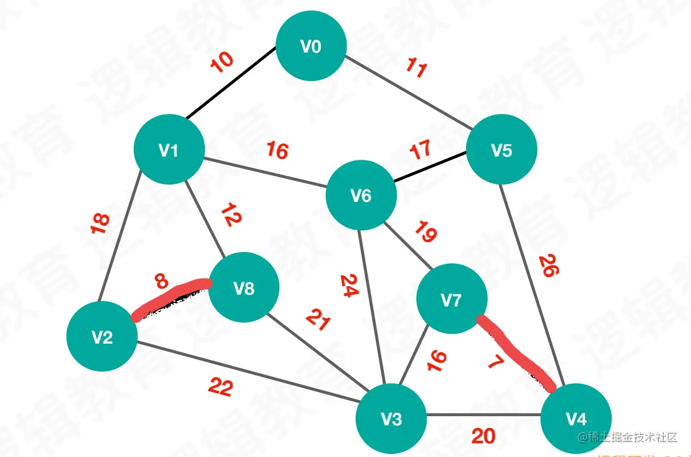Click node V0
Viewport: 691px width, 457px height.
coord(311,46)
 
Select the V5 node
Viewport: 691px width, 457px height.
coord(502,149)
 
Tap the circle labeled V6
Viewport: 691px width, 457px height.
coord(361,196)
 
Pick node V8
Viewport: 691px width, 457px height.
coord(244,288)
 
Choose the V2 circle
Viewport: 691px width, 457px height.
coord(102,337)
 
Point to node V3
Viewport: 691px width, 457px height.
coord(391,419)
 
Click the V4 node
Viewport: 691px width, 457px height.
coord(576,419)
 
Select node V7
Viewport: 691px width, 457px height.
coord(451,300)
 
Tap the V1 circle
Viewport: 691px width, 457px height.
coord(169,150)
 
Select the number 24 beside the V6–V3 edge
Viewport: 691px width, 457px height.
coord(349,287)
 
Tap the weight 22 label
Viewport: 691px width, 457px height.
coord(220,388)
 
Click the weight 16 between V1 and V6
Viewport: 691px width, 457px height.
coord(277,150)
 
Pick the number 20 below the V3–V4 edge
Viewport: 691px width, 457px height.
coord(483,437)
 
